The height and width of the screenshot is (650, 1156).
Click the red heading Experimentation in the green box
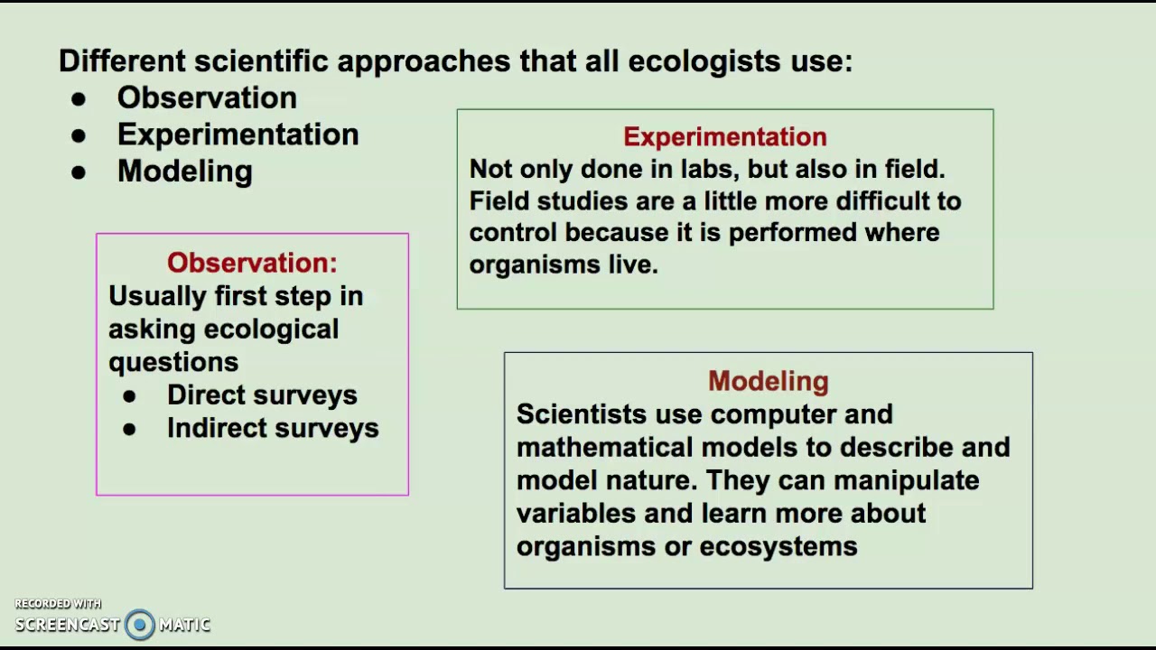(x=724, y=136)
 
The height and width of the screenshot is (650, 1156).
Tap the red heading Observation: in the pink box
(x=252, y=263)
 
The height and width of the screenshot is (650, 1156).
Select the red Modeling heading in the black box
(x=768, y=381)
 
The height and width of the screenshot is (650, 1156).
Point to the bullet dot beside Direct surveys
(x=129, y=396)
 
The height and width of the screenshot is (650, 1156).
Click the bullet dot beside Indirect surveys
(x=129, y=430)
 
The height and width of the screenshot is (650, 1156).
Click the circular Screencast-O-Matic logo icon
(x=140, y=624)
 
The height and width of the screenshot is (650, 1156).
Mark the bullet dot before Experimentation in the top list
(x=79, y=136)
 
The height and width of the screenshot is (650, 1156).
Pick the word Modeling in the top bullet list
(x=184, y=172)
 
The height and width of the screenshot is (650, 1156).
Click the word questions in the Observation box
(x=173, y=362)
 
